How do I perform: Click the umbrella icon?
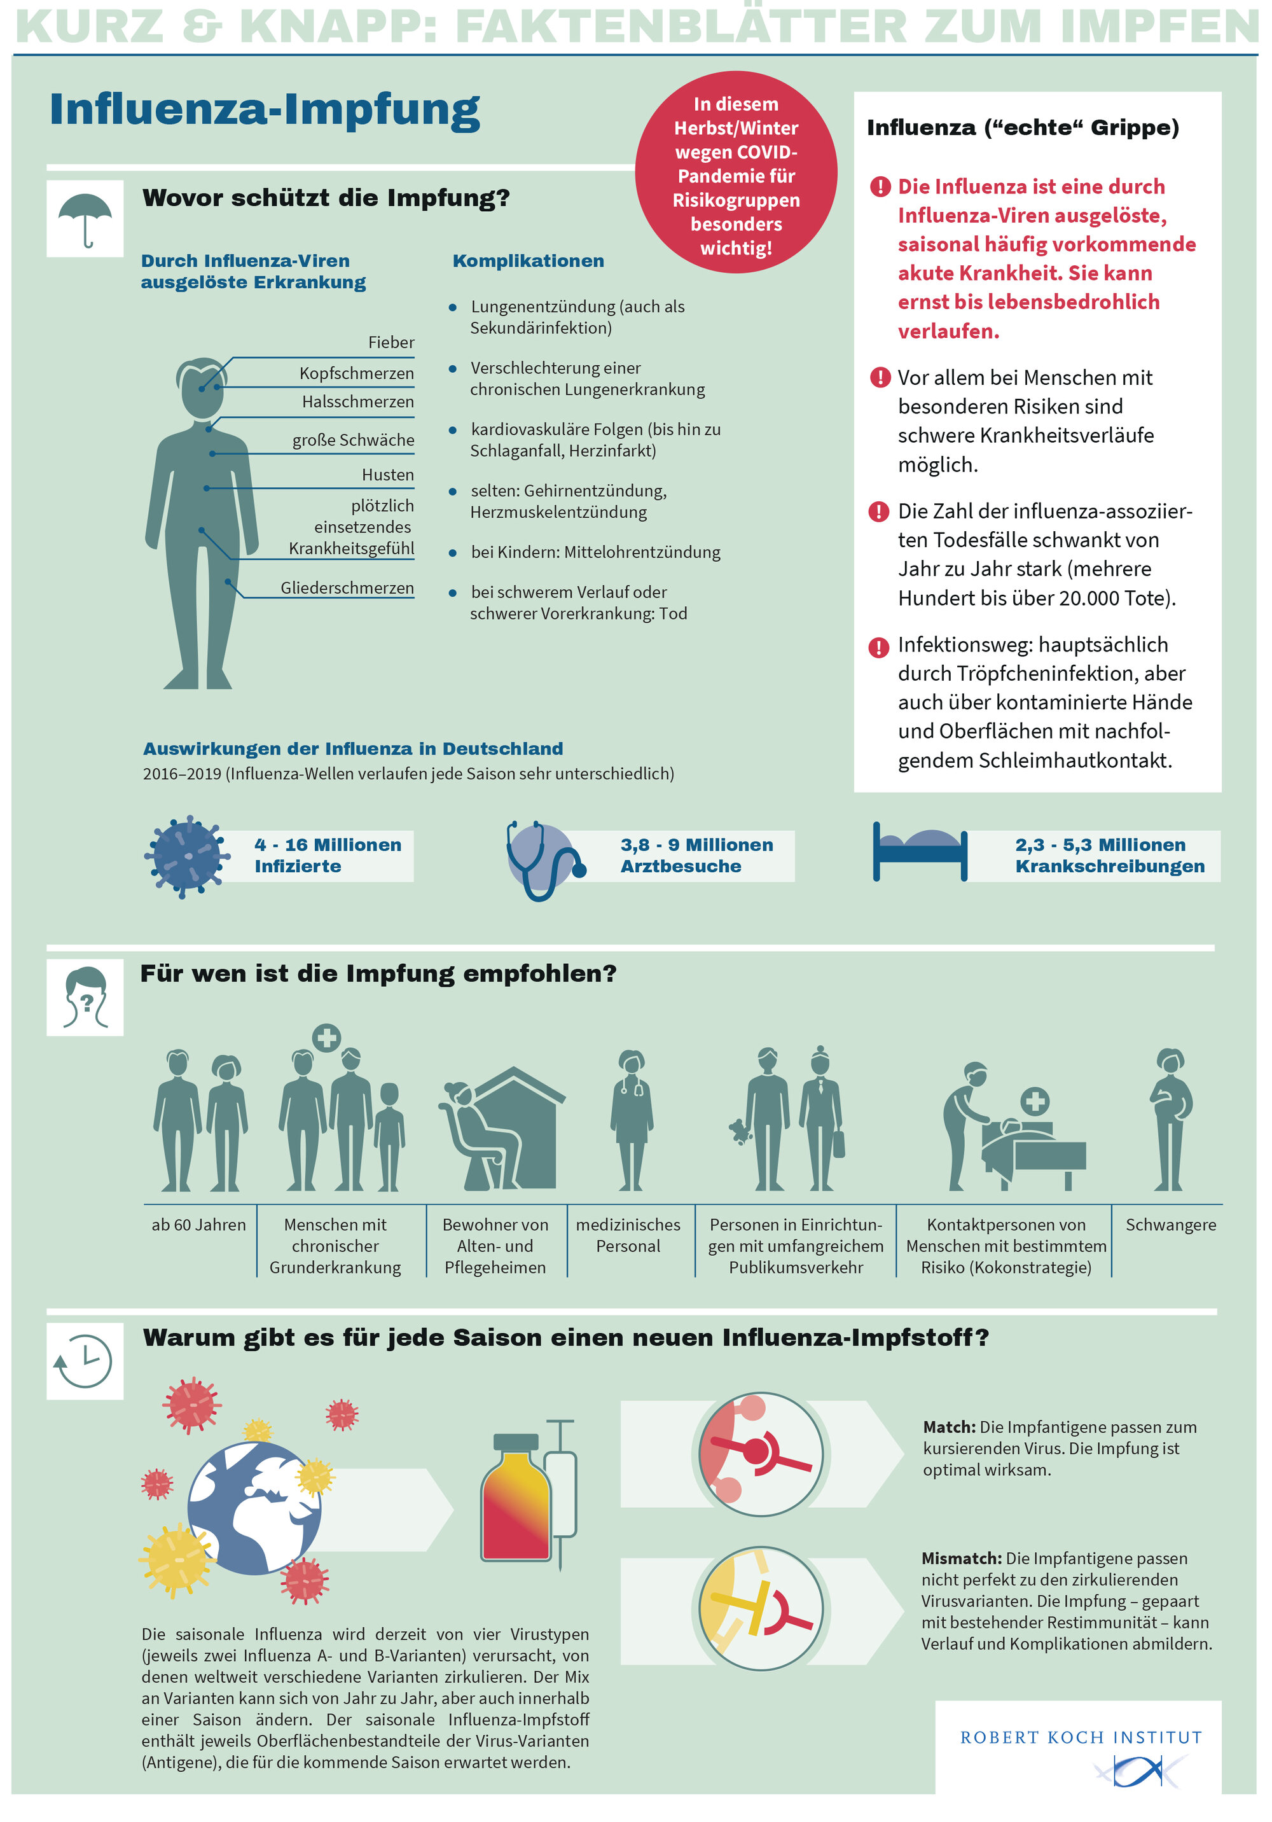(x=85, y=218)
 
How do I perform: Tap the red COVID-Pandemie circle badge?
(x=736, y=173)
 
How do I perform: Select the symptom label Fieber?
(x=391, y=342)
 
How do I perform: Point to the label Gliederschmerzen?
(x=347, y=588)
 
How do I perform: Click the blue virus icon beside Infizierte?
(x=186, y=856)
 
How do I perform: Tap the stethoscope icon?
(x=544, y=859)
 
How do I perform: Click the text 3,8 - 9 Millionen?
(x=696, y=844)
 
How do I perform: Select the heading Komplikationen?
(x=528, y=261)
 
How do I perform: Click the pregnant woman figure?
(x=1170, y=1119)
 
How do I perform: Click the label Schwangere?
(x=1170, y=1225)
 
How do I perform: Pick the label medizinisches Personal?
(x=628, y=1235)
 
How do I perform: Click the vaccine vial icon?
(x=516, y=1498)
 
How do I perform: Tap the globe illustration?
(x=254, y=1507)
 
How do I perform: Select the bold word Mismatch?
(x=961, y=1559)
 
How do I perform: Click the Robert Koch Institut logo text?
(x=1081, y=1737)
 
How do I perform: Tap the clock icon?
(x=85, y=1361)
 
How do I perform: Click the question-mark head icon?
(x=85, y=998)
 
